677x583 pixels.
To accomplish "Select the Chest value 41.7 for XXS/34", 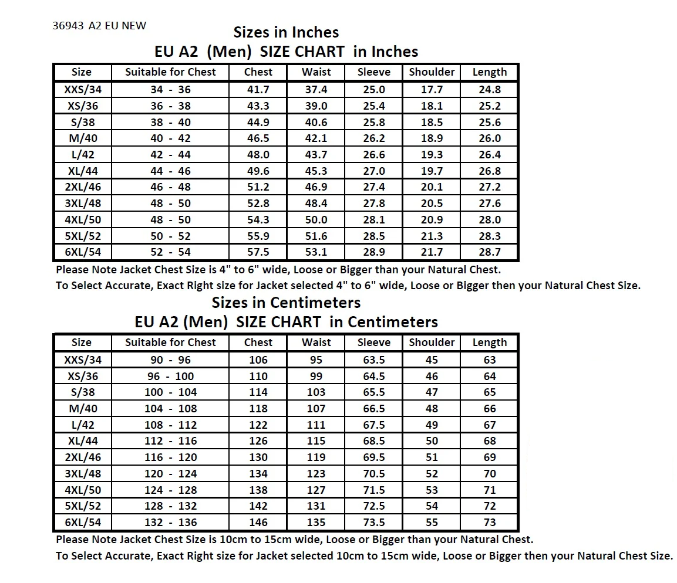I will coord(258,90).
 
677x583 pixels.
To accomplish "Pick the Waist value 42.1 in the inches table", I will coord(316,138).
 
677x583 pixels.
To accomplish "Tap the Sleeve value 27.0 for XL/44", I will coord(373,171).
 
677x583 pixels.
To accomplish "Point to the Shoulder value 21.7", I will coord(432,252).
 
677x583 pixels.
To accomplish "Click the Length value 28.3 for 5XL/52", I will coord(489,236).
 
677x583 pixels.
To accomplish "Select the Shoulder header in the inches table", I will coord(432,72).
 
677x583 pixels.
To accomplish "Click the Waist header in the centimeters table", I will coord(316,343).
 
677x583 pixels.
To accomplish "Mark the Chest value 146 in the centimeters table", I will coord(258,523).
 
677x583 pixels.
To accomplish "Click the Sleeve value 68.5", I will coord(373,441).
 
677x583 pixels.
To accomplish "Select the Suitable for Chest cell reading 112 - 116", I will coord(170,441).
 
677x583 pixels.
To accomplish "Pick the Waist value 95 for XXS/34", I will coord(316,360).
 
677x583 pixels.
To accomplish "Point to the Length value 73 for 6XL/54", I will coord(489,523).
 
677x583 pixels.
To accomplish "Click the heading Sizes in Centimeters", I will coord(286,303).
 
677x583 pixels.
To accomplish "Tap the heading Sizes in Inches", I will coord(286,32).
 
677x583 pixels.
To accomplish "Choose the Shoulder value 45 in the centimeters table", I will coord(432,360).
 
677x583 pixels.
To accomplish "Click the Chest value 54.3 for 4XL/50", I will coord(258,220).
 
